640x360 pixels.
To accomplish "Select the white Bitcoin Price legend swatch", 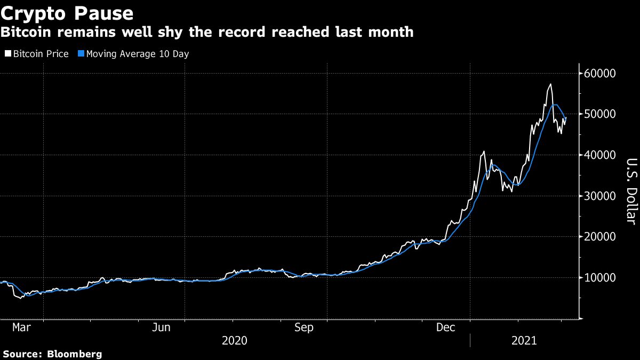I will coord(7,54).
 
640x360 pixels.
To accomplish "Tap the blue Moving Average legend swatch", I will coord(81,54).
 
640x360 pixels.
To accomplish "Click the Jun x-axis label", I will coord(161,327).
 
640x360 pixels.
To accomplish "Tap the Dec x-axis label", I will coord(446,327).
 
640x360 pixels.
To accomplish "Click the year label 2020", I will coord(235,340).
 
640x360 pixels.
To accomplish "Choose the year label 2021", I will coord(524,340).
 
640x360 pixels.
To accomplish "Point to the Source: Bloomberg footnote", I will coord(52,354).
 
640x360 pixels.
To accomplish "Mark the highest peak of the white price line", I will coord(550,84).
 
